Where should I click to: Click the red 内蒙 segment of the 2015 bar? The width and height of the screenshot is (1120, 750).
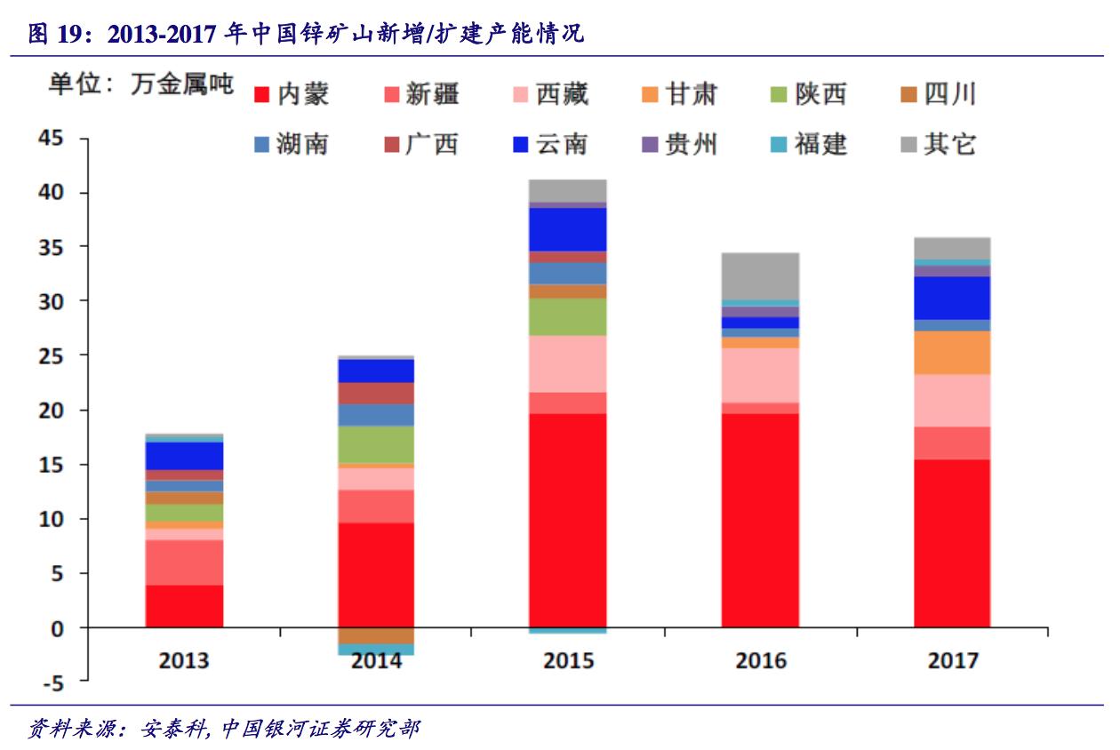[x=568, y=520]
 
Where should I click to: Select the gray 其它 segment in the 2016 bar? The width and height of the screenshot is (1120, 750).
[x=760, y=276]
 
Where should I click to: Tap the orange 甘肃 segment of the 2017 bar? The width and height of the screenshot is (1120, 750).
[x=952, y=353]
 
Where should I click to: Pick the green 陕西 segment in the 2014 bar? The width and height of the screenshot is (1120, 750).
[x=376, y=444]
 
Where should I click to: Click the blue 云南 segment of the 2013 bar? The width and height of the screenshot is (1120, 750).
[x=184, y=456]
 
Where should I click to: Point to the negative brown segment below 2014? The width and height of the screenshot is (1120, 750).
[x=376, y=635]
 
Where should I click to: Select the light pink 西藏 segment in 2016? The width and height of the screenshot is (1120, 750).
[x=760, y=375]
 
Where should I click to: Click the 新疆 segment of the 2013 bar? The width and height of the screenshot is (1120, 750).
[x=184, y=562]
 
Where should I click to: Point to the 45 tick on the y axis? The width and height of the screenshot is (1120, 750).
[x=52, y=139]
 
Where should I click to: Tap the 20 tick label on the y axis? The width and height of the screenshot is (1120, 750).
[x=52, y=411]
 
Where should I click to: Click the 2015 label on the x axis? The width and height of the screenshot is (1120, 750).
[x=568, y=660]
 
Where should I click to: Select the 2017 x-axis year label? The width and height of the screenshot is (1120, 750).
[x=952, y=660]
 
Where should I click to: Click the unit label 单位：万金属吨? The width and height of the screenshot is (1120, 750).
[x=140, y=85]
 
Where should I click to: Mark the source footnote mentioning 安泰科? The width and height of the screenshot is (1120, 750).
[x=223, y=730]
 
